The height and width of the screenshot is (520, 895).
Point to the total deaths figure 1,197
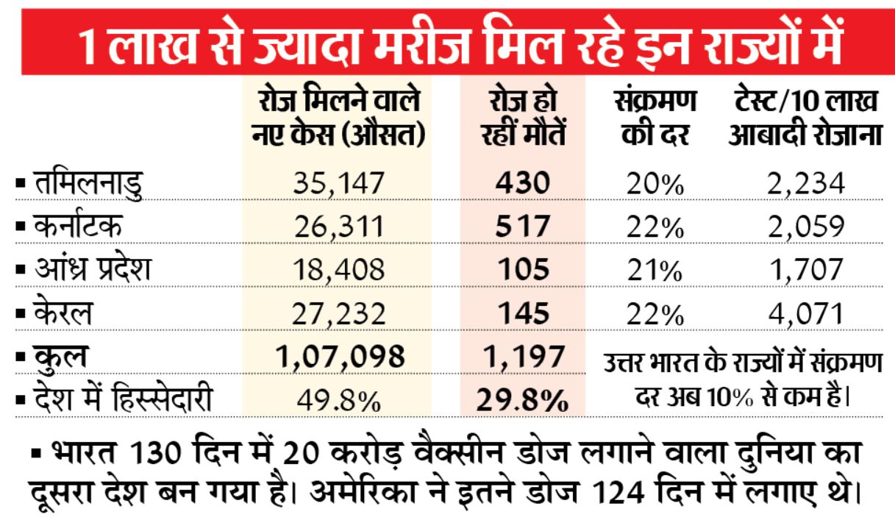[x=522, y=357]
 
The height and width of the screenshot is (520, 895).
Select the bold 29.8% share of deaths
[x=522, y=401]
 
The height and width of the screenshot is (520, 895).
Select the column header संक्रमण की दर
[x=655, y=119]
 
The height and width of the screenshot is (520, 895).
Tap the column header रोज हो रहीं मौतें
[x=522, y=119]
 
